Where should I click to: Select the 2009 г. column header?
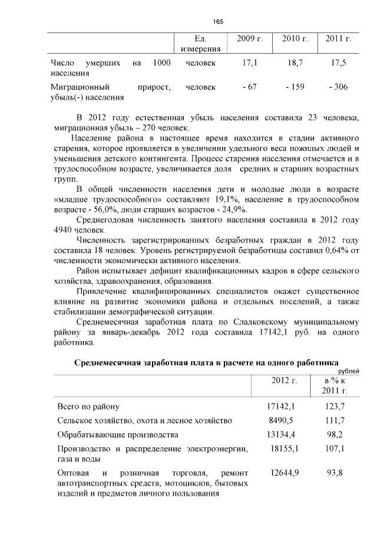[249, 38]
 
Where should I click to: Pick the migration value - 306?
[338, 87]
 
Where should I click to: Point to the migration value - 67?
[249, 87]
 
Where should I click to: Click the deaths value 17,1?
[249, 62]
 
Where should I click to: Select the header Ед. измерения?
[200, 43]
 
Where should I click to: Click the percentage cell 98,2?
[335, 435]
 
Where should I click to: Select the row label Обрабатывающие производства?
[117, 435]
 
